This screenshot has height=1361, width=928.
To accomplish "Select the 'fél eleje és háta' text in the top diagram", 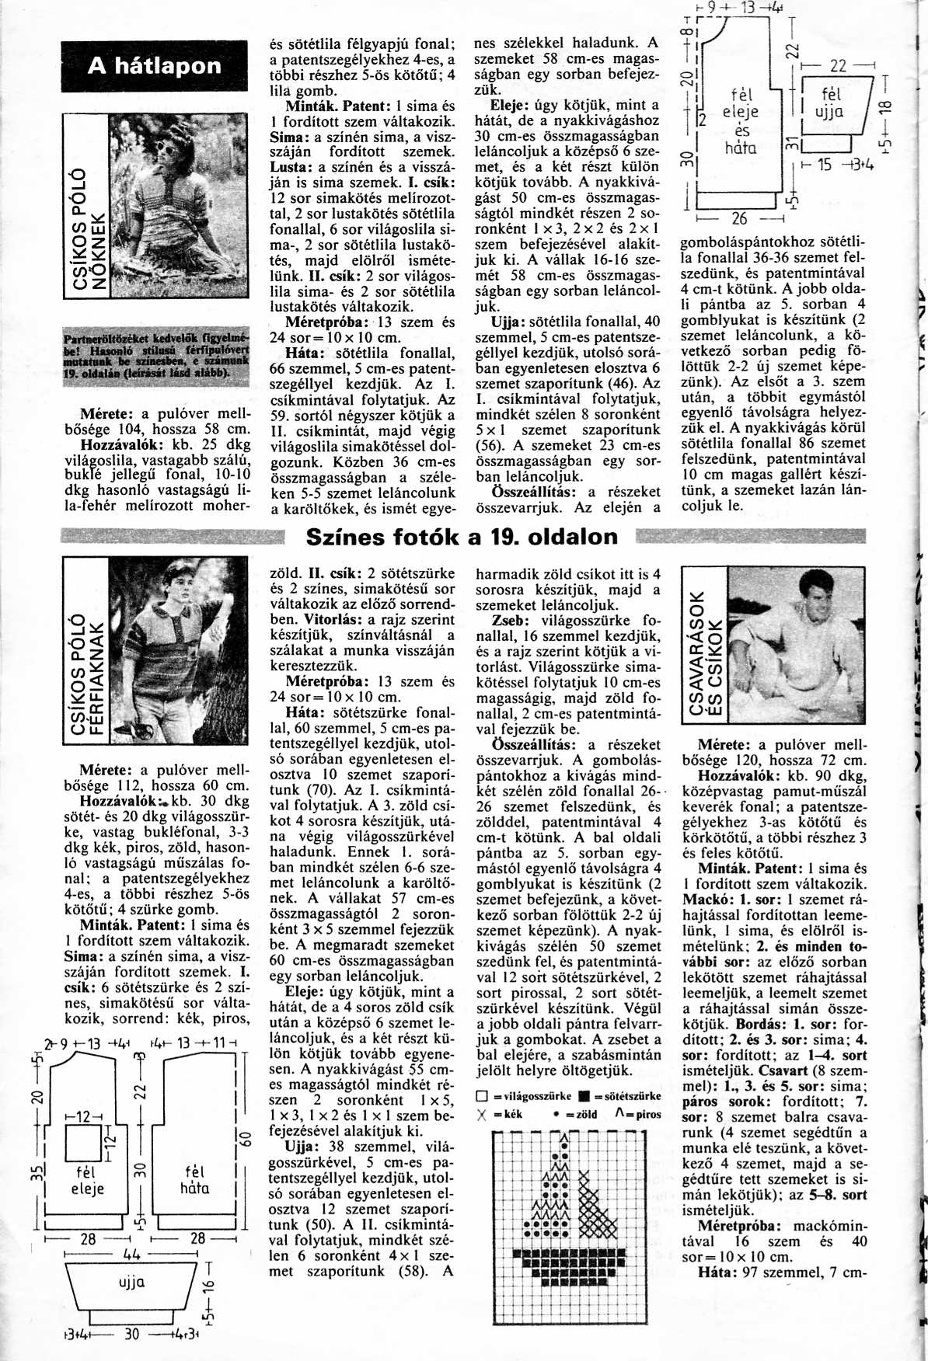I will [x=741, y=121].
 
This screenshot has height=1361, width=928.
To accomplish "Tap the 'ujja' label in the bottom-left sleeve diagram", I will [x=131, y=1282].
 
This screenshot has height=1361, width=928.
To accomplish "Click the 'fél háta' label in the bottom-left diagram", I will [x=194, y=1179].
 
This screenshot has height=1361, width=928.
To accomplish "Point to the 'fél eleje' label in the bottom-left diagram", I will [x=86, y=1179].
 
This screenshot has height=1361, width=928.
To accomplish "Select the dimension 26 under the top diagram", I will [x=739, y=218].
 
